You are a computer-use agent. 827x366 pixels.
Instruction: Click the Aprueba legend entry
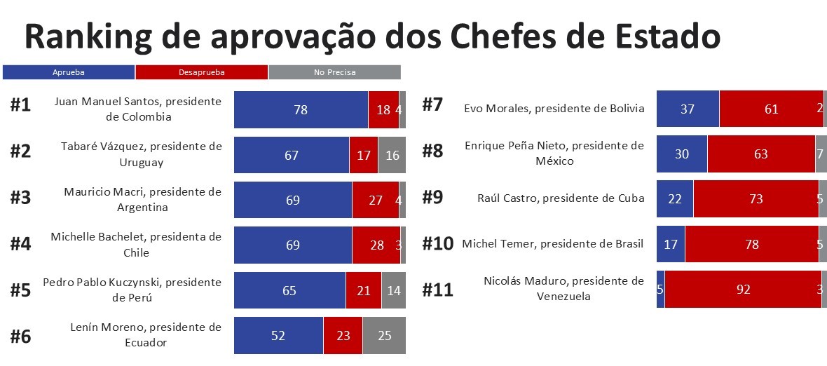[x=69, y=72]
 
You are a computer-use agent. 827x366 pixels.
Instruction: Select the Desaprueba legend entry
[x=201, y=72]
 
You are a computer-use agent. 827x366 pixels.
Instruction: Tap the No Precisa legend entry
[x=334, y=72]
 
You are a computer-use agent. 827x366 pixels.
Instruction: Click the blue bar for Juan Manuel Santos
[x=301, y=109]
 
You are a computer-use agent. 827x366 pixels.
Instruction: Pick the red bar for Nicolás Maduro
[x=743, y=289]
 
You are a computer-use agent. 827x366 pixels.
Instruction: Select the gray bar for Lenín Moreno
[x=384, y=336]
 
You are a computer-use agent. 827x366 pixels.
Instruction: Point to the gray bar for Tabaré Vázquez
[x=392, y=155]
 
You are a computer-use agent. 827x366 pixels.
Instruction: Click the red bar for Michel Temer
[x=751, y=244]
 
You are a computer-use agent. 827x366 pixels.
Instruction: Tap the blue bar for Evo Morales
[x=688, y=109]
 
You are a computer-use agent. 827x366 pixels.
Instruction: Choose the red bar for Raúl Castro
[x=756, y=199]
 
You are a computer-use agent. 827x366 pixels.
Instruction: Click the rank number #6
[x=21, y=337]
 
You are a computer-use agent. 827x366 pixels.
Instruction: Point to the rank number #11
[x=437, y=290]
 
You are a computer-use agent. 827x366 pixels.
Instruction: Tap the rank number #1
[x=21, y=106]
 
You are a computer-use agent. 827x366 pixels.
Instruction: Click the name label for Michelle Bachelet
[x=136, y=245]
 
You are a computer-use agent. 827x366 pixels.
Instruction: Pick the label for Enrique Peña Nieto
[x=554, y=153]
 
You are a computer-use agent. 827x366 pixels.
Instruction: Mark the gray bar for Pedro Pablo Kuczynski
[x=393, y=290]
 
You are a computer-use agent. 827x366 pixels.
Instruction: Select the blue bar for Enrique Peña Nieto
[x=682, y=154]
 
